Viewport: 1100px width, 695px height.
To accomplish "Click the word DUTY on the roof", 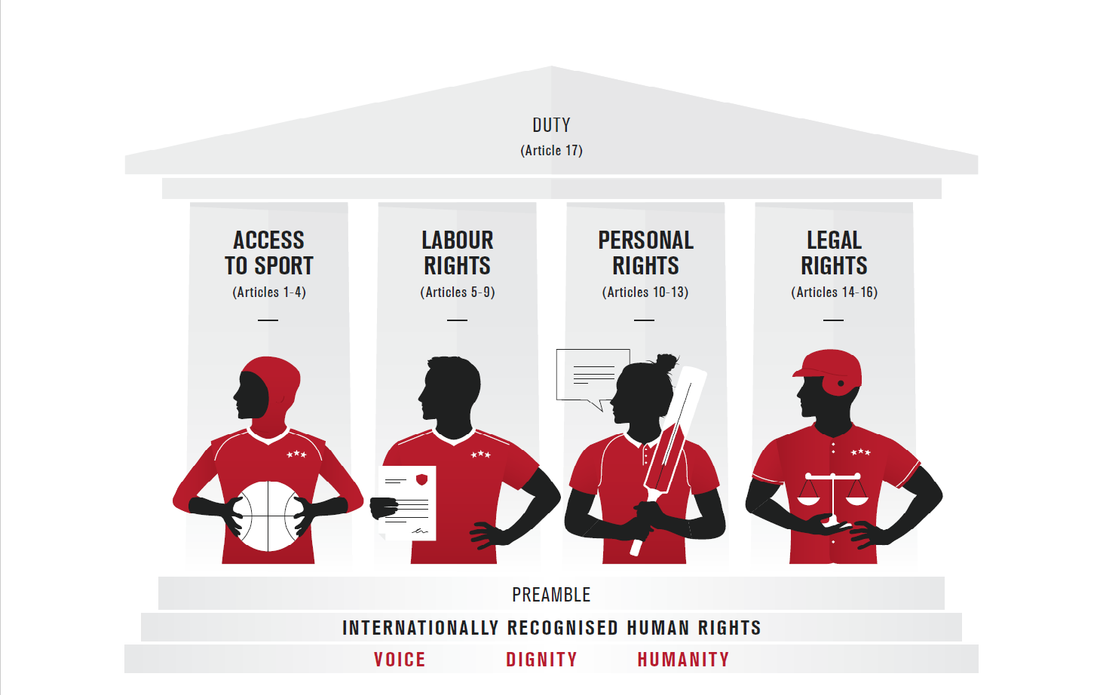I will pyautogui.click(x=551, y=125).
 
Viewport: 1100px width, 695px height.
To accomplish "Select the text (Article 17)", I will pyautogui.click(x=551, y=151).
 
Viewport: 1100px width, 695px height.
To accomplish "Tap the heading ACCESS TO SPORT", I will pyautogui.click(x=269, y=253).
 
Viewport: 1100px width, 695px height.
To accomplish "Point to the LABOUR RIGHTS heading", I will pyautogui.click(x=457, y=253).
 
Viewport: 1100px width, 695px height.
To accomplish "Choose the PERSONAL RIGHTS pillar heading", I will pyautogui.click(x=645, y=253).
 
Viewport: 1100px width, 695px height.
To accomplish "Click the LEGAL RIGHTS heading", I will pyautogui.click(x=834, y=253).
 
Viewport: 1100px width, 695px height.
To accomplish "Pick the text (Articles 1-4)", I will pyautogui.click(x=269, y=292).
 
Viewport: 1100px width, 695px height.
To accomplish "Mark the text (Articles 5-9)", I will pyautogui.click(x=457, y=292).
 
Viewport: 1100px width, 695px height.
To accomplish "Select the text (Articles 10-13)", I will pyautogui.click(x=645, y=292).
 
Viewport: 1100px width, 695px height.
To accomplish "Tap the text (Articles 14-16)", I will pyautogui.click(x=834, y=292).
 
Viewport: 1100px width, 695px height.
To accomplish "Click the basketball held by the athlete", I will pyautogui.click(x=268, y=516).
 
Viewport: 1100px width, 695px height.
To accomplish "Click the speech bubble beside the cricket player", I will pyautogui.click(x=592, y=375).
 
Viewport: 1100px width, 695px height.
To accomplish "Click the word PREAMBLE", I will pyautogui.click(x=551, y=595).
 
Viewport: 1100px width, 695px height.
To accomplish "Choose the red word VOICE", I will pyautogui.click(x=400, y=660).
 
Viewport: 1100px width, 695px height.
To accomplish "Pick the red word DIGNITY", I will pyautogui.click(x=541, y=660).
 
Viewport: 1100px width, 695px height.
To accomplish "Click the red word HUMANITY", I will pyautogui.click(x=683, y=660).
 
